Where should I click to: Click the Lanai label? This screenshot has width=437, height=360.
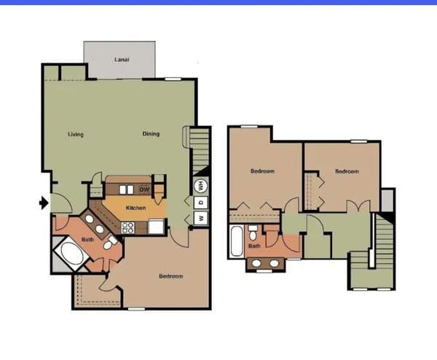(122, 60)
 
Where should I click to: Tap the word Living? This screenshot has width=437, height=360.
(76, 134)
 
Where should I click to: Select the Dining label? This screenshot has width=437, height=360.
(151, 134)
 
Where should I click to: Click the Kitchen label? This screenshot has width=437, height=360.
(135, 208)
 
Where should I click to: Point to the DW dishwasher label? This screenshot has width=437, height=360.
(144, 189)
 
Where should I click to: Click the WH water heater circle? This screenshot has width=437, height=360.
(201, 186)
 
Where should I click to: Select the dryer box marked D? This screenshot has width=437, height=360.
(201, 202)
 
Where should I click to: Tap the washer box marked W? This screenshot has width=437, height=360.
(201, 218)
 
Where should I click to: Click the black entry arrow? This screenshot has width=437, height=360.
(44, 203)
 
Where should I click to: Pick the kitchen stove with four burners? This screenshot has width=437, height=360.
(127, 227)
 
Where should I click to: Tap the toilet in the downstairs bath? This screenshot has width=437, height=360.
(110, 243)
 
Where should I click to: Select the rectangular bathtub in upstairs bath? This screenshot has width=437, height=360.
(237, 241)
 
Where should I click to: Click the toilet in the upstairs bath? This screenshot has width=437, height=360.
(253, 233)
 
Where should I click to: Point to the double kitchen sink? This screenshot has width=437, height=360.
(127, 189)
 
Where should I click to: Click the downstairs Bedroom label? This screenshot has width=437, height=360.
(171, 276)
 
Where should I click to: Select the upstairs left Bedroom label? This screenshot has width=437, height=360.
(262, 171)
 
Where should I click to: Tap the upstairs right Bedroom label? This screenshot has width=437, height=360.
(347, 171)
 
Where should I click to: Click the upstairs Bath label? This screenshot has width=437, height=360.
(254, 246)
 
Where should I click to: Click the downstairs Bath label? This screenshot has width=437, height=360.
(87, 240)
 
